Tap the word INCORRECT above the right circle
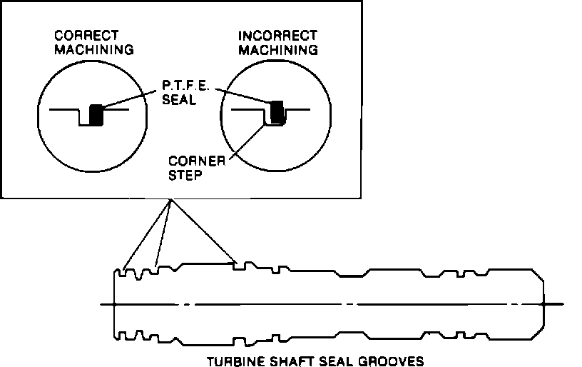pos(277,34)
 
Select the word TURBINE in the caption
pos(230,361)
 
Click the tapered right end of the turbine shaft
pos(537,278)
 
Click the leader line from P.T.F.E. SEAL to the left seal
pos(128,101)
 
